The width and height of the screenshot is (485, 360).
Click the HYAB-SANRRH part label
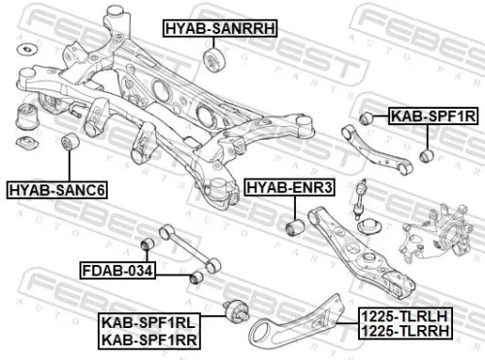pyautogui.click(x=217, y=30)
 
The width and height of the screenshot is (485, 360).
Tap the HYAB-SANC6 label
pyautogui.click(x=55, y=187)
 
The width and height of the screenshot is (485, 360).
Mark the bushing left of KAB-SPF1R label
pyautogui.click(x=368, y=116)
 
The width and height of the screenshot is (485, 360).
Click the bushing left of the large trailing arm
pyautogui.click(x=231, y=311)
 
